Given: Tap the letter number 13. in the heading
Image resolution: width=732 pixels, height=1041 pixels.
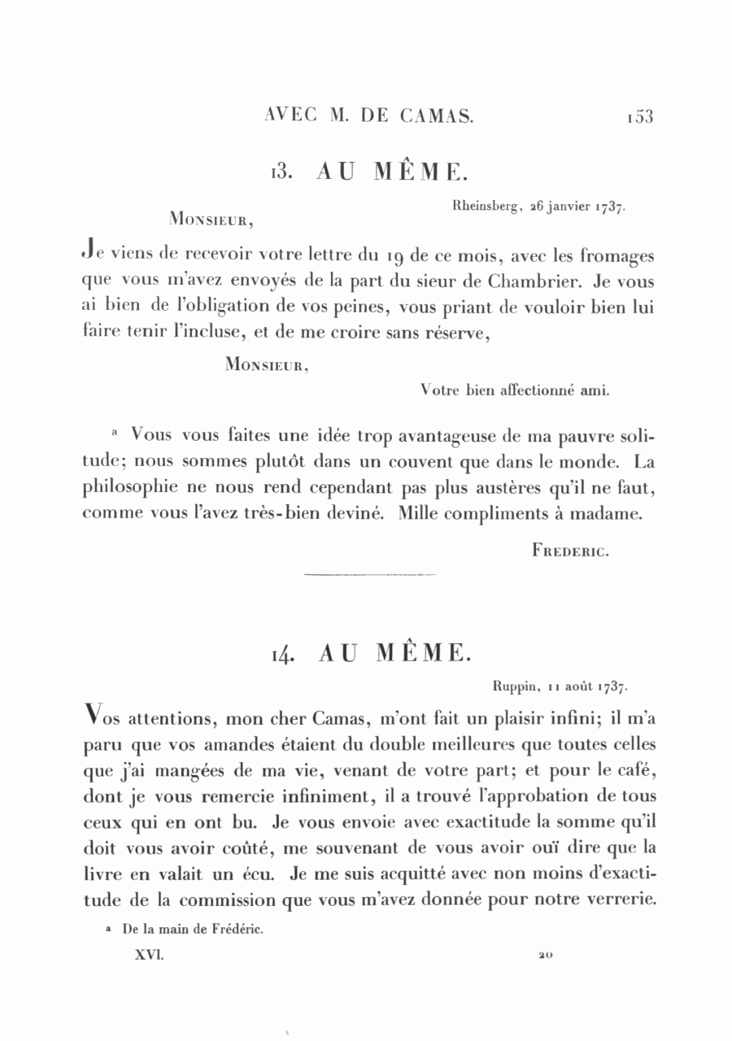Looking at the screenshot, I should click(281, 172).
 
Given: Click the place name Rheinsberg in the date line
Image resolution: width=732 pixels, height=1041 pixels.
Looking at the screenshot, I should click(486, 207).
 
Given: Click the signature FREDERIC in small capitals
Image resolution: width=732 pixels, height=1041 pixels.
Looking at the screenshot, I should click(570, 551).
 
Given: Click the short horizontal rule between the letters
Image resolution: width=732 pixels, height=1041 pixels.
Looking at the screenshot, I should click(369, 576).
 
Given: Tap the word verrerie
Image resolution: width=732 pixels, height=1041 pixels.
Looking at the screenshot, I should click(619, 901).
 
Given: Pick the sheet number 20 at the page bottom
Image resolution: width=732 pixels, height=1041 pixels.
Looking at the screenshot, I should click(544, 956).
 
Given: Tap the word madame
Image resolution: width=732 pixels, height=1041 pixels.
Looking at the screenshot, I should click(613, 514).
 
